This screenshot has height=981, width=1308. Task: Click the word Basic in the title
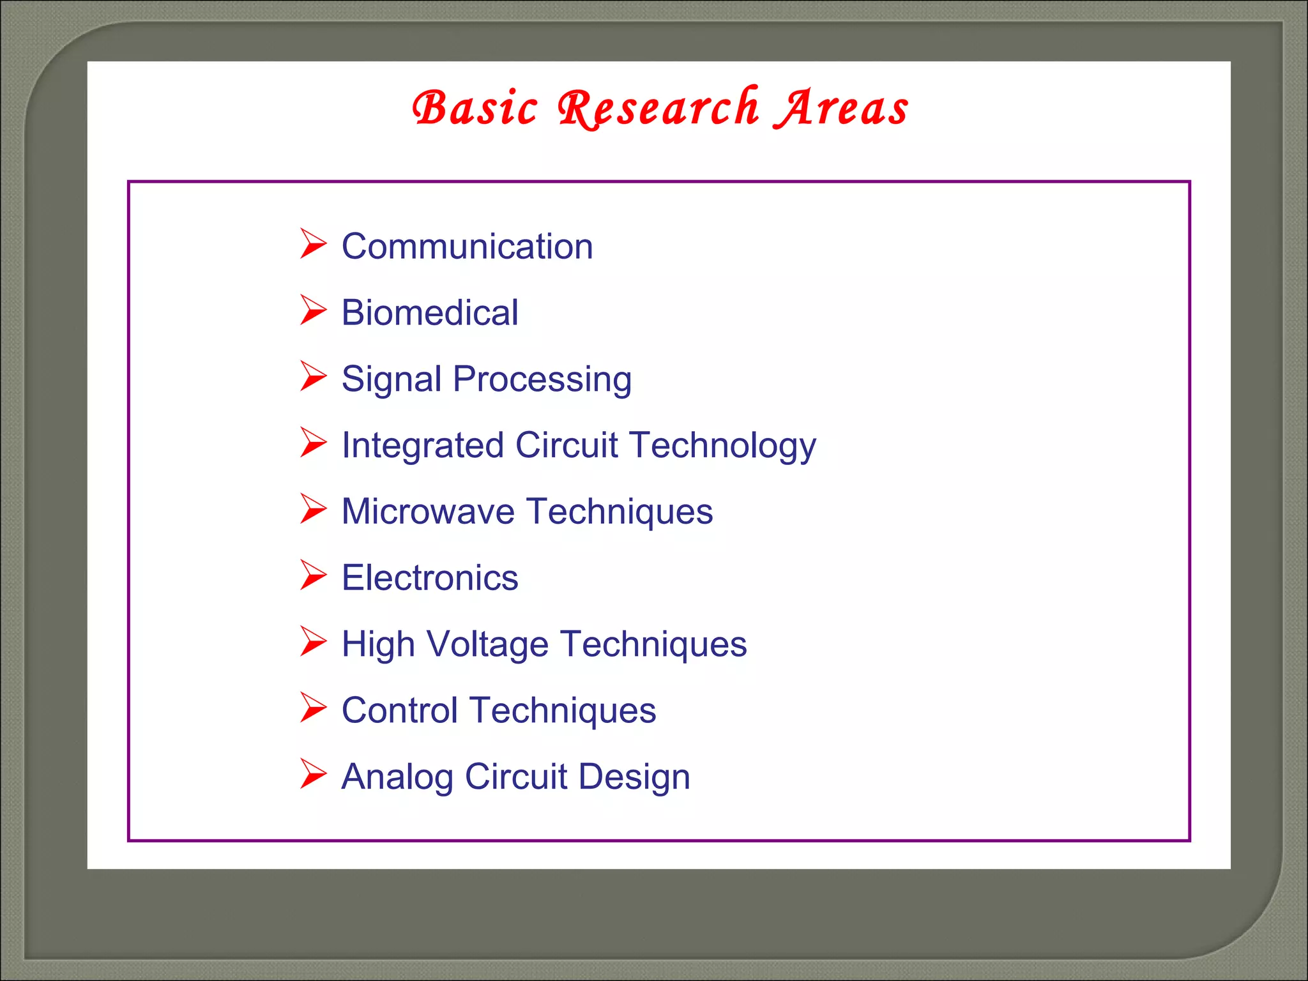click(x=475, y=108)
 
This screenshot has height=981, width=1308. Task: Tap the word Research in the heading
click(x=658, y=108)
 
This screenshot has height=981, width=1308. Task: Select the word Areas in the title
click(x=841, y=108)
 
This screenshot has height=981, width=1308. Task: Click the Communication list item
click(x=467, y=247)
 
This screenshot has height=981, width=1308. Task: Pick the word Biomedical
click(x=429, y=313)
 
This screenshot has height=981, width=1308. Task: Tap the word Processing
click(x=542, y=379)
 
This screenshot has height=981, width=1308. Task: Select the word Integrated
click(x=422, y=445)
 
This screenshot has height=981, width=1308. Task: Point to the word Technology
click(x=722, y=445)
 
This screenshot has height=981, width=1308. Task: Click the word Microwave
click(x=427, y=512)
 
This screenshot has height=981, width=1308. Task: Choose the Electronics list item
click(x=429, y=578)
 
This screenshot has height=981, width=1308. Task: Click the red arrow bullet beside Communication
click(x=313, y=244)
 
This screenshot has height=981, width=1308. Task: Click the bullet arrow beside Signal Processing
click(x=313, y=376)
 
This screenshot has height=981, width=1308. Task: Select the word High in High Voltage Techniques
click(x=377, y=644)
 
